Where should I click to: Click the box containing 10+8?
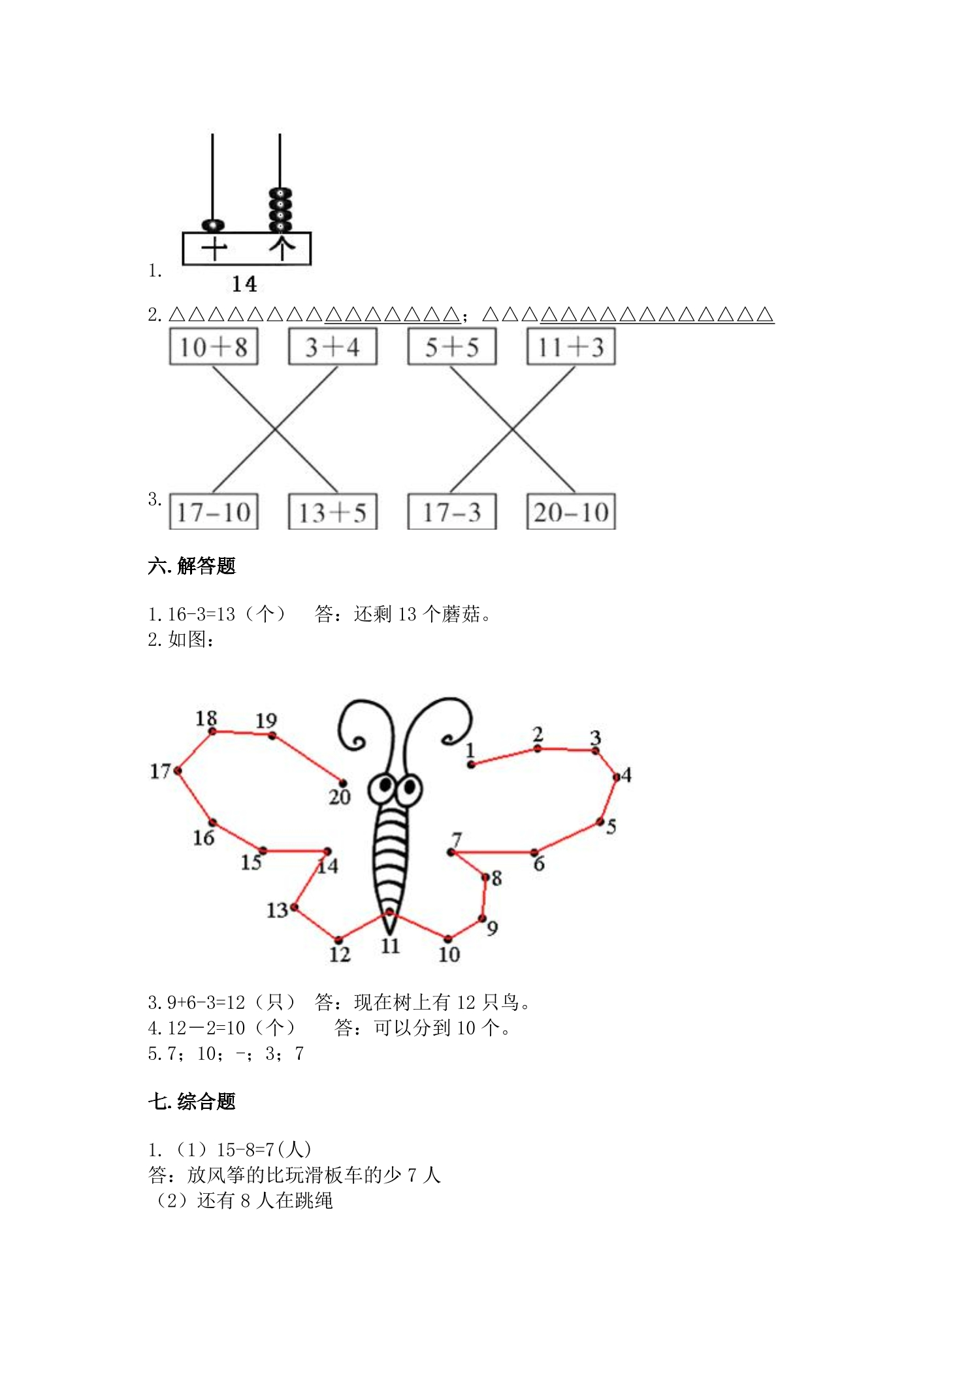pyautogui.click(x=214, y=347)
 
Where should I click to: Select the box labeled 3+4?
pyautogui.click(x=333, y=347)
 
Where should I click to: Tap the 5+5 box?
pyautogui.click(x=452, y=347)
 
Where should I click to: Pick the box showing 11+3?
pyautogui.click(x=572, y=347)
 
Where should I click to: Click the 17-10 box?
pyautogui.click(x=214, y=511)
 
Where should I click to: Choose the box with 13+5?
pyautogui.click(x=333, y=511)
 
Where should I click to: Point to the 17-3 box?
pyautogui.click(x=452, y=511)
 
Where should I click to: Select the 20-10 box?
pyautogui.click(x=572, y=511)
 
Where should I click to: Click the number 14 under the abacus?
pyautogui.click(x=244, y=284)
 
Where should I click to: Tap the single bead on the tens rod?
pyautogui.click(x=213, y=226)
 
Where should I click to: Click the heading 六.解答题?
pyautogui.click(x=191, y=566)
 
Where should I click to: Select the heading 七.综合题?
pyautogui.click(x=191, y=1101)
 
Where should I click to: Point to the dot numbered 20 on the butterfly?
pyautogui.click(x=342, y=783)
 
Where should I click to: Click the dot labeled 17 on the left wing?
pyautogui.click(x=178, y=771)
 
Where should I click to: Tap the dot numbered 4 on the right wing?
pyautogui.click(x=617, y=776)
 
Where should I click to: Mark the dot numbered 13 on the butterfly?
pyautogui.click(x=295, y=907)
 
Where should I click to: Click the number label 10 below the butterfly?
pyautogui.click(x=449, y=954)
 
